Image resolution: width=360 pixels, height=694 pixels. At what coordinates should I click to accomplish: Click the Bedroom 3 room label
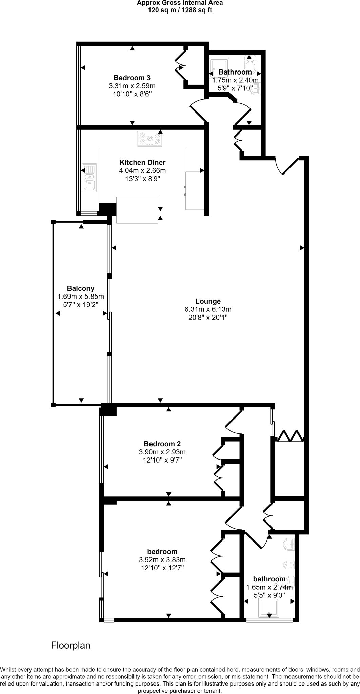click(x=132, y=78)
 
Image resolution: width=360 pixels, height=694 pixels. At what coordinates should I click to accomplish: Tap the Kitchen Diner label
click(x=142, y=162)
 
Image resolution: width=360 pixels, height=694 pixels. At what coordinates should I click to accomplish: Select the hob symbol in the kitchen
click(x=149, y=139)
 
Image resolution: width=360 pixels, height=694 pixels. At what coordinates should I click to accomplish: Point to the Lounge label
click(x=208, y=301)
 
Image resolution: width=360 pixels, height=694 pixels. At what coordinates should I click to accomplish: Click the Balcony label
click(x=81, y=288)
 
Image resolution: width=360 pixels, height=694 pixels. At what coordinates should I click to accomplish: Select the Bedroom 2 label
click(x=162, y=444)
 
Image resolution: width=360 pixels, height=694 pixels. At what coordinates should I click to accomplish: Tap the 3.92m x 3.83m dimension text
click(x=162, y=559)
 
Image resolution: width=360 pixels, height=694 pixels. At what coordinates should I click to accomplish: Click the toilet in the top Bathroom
click(x=251, y=62)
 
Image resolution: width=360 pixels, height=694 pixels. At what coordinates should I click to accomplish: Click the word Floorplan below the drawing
click(x=71, y=645)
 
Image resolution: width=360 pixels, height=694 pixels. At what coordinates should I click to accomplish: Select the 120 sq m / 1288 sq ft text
click(x=180, y=10)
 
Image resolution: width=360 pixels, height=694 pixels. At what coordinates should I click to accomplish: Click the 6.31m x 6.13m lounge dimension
click(x=208, y=309)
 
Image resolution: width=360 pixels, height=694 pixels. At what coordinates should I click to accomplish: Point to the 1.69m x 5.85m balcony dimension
click(x=81, y=297)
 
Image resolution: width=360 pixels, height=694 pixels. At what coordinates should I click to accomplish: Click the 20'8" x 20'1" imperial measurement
click(x=208, y=318)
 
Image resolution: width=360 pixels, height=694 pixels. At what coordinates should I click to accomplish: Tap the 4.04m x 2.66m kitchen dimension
click(x=142, y=170)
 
